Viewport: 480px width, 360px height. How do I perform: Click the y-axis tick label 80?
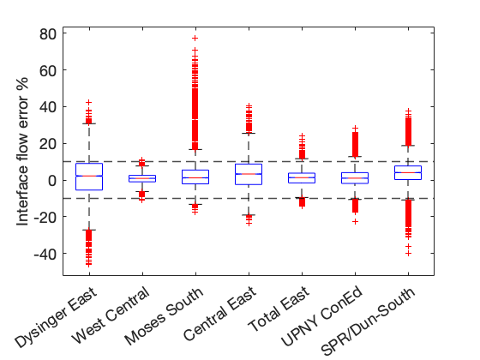[x=48, y=34]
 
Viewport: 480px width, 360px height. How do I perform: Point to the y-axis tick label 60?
[x=48, y=70]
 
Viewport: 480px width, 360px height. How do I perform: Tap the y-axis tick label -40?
[x=45, y=254]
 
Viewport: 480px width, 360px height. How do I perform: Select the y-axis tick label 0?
[x=52, y=181]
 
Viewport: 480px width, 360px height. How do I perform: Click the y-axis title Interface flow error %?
[x=22, y=152]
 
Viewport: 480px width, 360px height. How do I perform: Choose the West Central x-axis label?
[x=111, y=315]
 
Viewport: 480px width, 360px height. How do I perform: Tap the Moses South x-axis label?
[x=164, y=316]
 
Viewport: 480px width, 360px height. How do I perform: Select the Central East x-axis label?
[x=219, y=314]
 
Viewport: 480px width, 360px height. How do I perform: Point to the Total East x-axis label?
[x=279, y=309]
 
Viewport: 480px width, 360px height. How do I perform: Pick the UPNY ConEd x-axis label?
[x=322, y=316]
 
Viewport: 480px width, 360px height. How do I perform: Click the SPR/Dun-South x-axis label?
[x=369, y=321]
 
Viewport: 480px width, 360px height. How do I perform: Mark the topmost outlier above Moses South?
[x=195, y=38]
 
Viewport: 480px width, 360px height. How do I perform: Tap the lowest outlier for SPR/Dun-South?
[x=408, y=254]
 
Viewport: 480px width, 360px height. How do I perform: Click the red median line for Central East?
[x=249, y=174]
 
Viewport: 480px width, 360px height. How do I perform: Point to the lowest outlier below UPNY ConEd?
[x=355, y=222]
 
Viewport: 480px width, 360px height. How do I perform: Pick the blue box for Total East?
[x=302, y=173]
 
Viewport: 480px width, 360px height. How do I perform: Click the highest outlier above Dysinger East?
[x=89, y=102]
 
